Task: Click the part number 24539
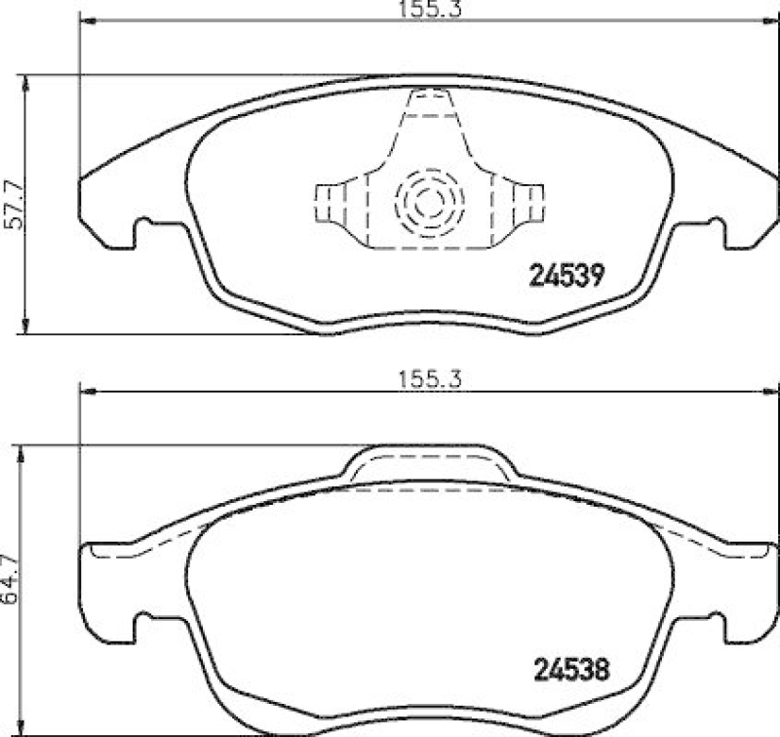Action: [x=568, y=276]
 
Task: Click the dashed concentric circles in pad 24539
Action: [x=429, y=203]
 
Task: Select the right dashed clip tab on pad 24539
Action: [x=532, y=203]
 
